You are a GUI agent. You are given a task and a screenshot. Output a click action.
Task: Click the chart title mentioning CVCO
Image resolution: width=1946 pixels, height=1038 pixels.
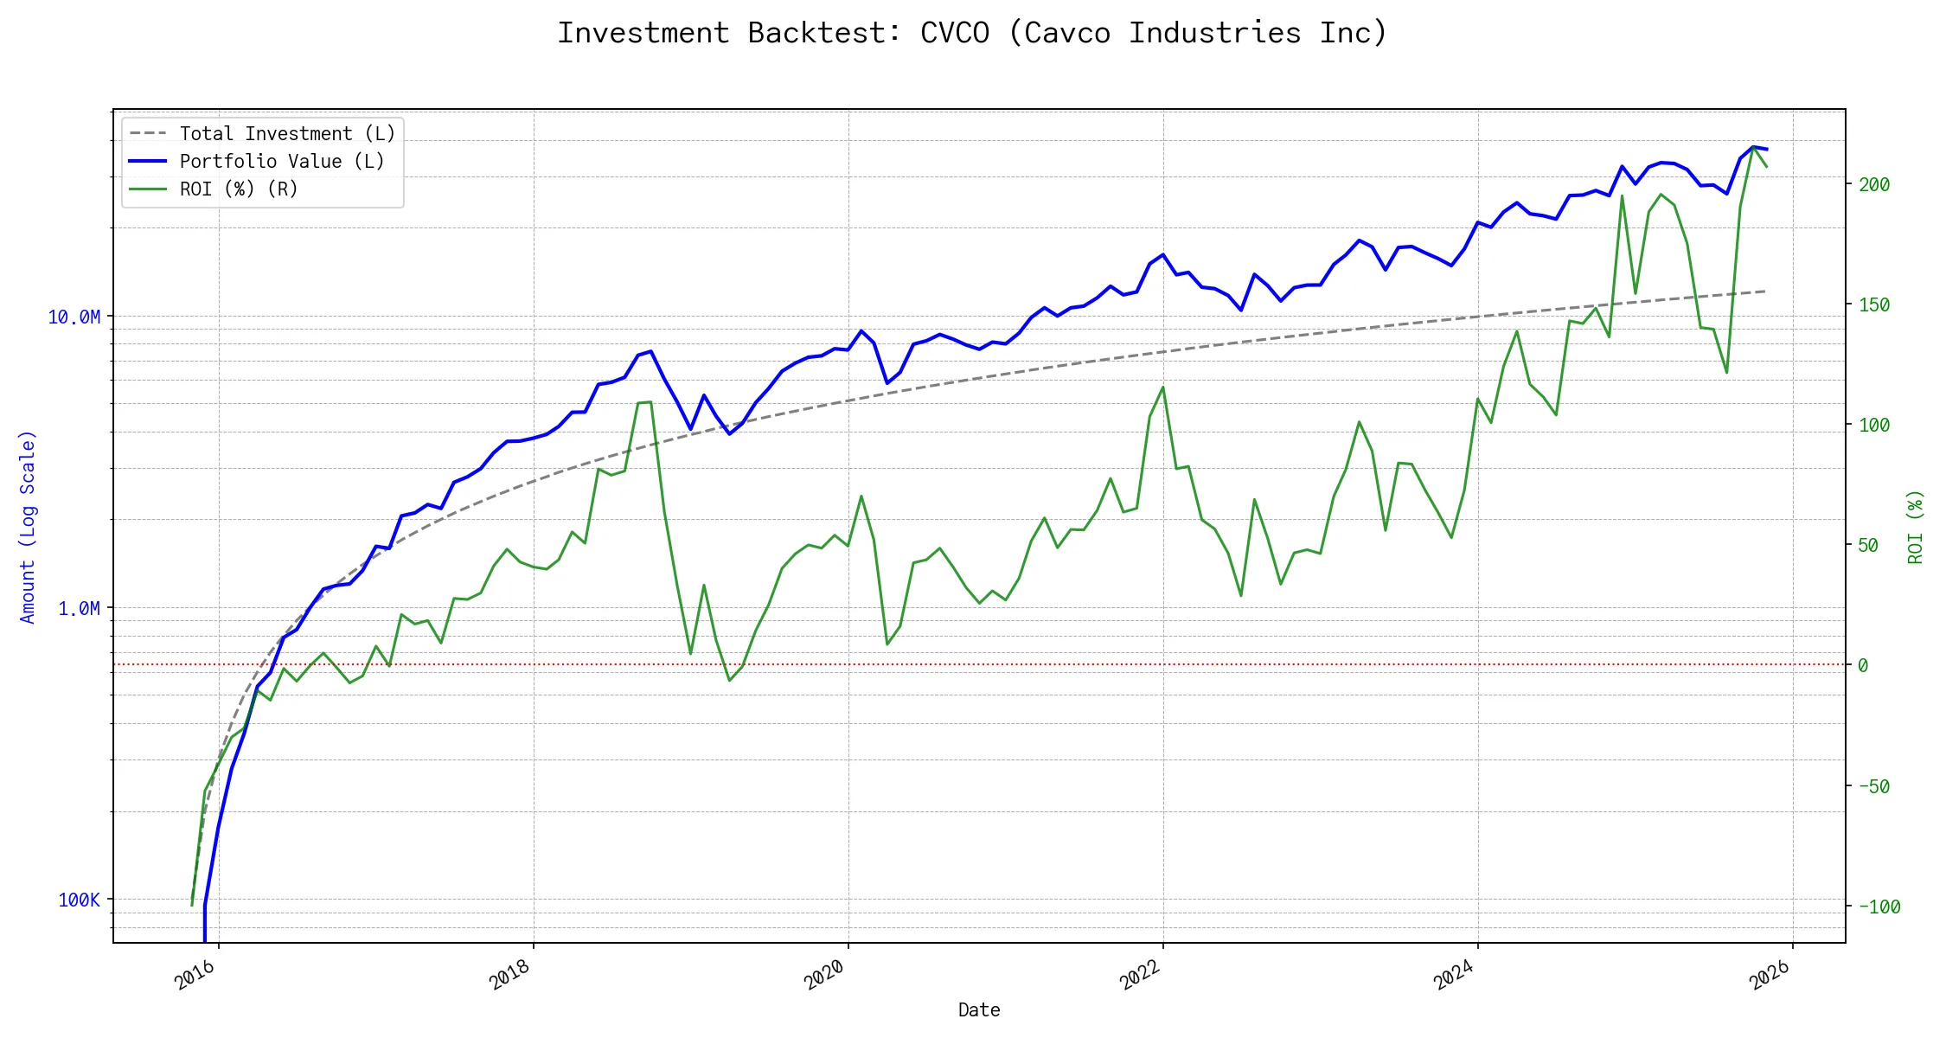(x=972, y=33)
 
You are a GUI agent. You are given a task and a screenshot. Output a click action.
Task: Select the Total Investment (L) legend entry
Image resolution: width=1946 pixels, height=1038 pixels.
(x=286, y=133)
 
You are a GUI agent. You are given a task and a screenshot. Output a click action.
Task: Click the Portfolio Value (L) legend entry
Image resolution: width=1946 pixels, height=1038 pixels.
(x=281, y=161)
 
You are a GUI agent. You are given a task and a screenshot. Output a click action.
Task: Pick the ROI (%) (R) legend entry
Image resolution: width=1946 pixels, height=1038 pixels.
(x=238, y=189)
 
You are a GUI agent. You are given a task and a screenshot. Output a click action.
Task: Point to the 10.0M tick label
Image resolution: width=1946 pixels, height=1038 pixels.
(x=74, y=317)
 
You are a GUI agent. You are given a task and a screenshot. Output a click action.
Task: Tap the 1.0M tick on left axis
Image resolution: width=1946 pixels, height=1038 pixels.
(x=79, y=609)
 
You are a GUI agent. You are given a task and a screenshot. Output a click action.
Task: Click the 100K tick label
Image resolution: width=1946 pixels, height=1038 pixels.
(x=79, y=900)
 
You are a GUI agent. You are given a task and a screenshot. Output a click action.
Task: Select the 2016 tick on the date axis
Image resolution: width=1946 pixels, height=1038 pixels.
(x=195, y=976)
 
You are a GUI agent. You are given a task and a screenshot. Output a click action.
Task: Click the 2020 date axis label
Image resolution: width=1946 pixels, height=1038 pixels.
(x=824, y=976)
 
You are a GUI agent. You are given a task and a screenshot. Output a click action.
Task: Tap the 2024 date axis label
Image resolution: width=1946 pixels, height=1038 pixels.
(x=1454, y=976)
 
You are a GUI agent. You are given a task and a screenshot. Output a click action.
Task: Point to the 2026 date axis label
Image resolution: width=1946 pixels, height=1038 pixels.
(x=1770, y=976)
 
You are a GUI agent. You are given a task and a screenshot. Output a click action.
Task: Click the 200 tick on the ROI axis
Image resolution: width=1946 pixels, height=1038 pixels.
(x=1874, y=184)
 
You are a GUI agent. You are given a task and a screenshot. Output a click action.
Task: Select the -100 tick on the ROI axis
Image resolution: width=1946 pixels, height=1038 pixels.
(x=1879, y=907)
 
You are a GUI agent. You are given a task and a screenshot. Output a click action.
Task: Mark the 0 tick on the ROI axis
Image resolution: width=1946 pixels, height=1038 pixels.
(x=1863, y=665)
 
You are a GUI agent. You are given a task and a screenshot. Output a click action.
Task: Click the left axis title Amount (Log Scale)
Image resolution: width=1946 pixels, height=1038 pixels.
(x=28, y=527)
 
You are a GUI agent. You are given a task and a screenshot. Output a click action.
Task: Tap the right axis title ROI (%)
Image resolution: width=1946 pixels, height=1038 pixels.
(x=1916, y=527)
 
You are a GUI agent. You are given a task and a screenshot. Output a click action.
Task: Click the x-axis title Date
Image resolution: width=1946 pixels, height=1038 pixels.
(x=979, y=1010)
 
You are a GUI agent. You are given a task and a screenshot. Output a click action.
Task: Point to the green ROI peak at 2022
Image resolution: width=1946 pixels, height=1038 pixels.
(x=1162, y=387)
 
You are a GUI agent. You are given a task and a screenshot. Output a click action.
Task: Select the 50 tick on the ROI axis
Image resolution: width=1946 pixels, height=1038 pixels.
(x=1868, y=545)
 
